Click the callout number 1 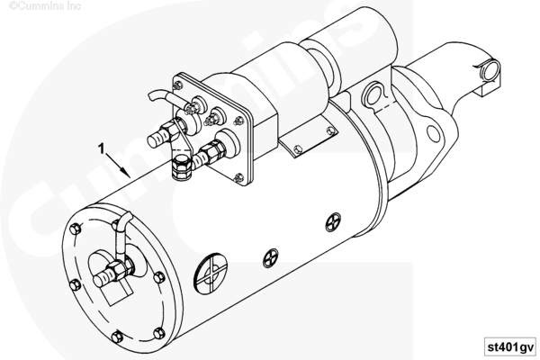pyautogui.click(x=101, y=148)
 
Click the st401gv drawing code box pyautogui.click(x=510, y=346)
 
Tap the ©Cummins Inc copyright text pyautogui.click(x=45, y=5)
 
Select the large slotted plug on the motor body pyautogui.click(x=211, y=274)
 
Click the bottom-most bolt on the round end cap pyautogui.click(x=117, y=337)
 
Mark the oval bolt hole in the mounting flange pyautogui.click(x=434, y=134)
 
